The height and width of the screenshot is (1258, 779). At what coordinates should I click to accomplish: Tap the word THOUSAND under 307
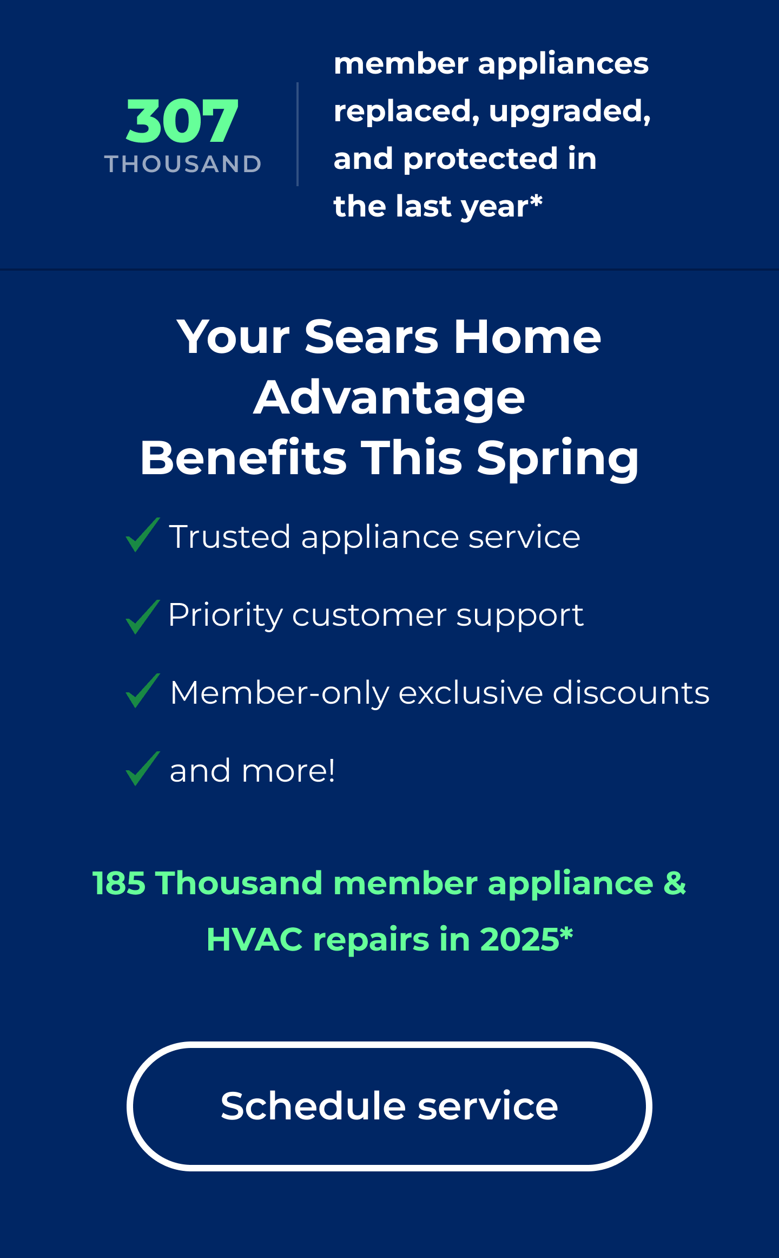[x=183, y=164]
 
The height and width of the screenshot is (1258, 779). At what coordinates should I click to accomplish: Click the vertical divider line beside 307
[x=298, y=134]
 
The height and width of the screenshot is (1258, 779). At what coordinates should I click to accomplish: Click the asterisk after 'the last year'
[x=536, y=201]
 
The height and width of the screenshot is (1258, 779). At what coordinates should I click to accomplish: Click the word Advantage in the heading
[x=389, y=398]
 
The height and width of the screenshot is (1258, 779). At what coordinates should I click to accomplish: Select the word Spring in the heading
[x=558, y=459]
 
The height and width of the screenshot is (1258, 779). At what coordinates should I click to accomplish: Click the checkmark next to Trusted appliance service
[x=143, y=535]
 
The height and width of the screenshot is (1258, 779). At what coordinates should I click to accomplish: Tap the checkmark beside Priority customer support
[x=143, y=617]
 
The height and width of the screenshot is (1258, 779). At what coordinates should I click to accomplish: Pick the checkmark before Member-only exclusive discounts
[x=143, y=691]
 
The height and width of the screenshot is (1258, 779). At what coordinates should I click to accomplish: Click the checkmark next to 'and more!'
[x=143, y=769]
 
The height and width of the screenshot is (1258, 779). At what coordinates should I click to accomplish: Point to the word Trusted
[x=230, y=537]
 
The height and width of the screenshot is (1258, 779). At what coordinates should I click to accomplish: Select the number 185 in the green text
[x=119, y=883]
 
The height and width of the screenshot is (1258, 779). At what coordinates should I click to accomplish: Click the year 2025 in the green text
[x=519, y=939]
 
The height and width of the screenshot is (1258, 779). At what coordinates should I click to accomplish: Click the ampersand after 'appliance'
[x=675, y=883]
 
